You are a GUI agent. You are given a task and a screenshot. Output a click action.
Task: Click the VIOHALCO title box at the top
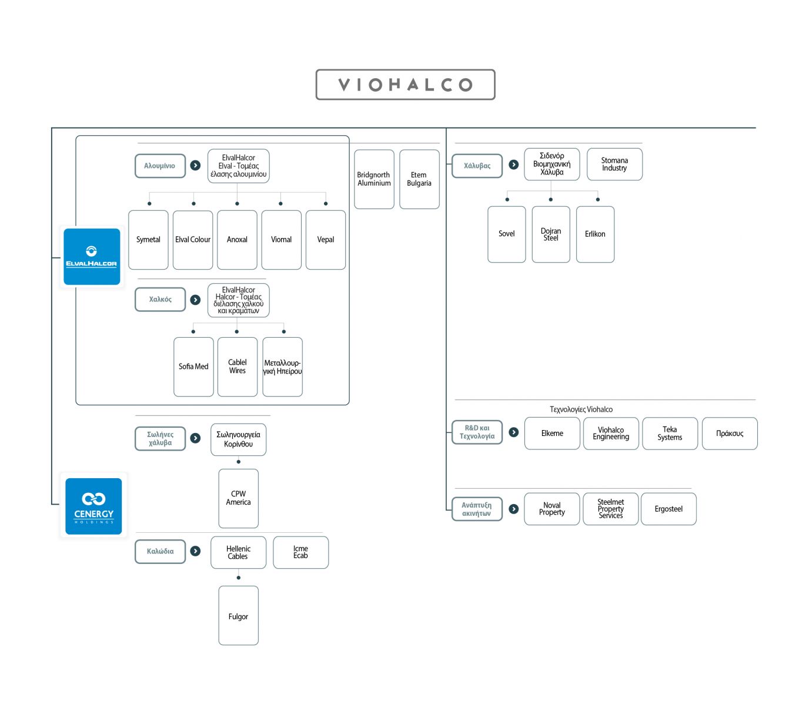(x=405, y=85)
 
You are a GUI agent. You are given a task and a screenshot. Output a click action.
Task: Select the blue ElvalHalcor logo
(x=92, y=256)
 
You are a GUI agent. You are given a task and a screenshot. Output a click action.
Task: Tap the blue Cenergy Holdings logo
(x=93, y=506)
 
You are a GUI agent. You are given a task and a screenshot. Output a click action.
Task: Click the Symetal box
(x=148, y=240)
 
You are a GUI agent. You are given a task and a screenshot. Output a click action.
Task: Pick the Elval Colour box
(x=193, y=240)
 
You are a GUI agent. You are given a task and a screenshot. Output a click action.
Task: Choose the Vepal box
(x=325, y=240)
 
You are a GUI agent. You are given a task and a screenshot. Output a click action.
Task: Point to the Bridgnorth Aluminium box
(x=374, y=179)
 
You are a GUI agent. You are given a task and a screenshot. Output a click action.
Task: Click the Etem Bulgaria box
(x=419, y=179)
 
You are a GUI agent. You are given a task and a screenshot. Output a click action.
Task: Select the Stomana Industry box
(x=614, y=164)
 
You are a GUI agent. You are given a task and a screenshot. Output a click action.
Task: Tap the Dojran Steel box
(x=551, y=234)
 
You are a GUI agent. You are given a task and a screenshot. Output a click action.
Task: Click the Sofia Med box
(x=193, y=367)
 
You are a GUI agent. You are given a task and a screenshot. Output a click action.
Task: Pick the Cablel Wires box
(x=238, y=367)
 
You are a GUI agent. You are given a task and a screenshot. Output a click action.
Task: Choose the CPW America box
(x=239, y=498)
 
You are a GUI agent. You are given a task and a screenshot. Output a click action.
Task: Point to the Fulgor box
(x=239, y=615)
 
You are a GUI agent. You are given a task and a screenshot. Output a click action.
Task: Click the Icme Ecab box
(x=300, y=552)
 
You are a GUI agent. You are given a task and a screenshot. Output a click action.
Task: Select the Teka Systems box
(x=670, y=433)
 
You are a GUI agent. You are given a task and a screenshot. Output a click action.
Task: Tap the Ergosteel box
(x=668, y=509)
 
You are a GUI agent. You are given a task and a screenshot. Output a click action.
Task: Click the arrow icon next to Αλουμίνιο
(x=195, y=165)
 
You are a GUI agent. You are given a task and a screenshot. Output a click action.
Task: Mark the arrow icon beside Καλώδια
(x=195, y=551)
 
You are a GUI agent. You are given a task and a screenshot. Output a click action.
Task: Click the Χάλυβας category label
(x=477, y=166)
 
